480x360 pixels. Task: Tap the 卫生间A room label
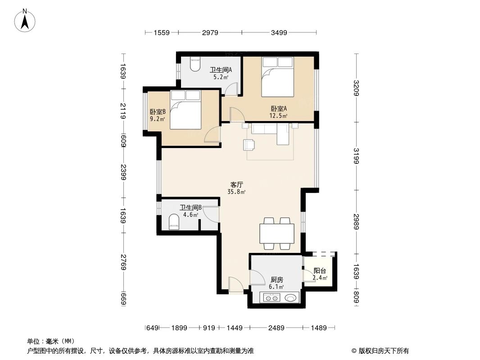point(221,70)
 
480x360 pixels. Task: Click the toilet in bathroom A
point(195,64)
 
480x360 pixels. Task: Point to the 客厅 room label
point(237,184)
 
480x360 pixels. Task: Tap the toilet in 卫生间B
point(173,222)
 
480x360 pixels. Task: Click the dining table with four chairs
point(277,234)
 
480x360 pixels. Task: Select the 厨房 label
point(276,279)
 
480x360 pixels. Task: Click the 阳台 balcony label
point(320,271)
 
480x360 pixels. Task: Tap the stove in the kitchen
point(272,297)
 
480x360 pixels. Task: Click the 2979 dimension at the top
point(210,32)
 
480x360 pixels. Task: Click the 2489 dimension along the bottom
point(276,328)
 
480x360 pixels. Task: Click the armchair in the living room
point(249,144)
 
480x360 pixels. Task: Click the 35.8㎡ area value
point(237,192)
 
